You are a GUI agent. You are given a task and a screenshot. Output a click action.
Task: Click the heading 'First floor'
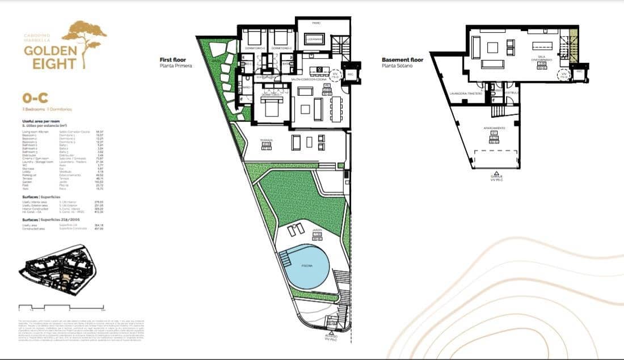pyautogui.click(x=174, y=60)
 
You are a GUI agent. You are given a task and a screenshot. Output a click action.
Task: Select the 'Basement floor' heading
pyautogui.click(x=402, y=60)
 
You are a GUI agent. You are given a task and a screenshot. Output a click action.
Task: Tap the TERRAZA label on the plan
pyautogui.click(x=267, y=140)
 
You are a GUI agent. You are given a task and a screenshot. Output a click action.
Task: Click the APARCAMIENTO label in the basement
pyautogui.click(x=494, y=129)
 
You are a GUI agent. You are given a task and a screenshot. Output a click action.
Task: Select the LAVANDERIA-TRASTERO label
pyautogui.click(x=465, y=93)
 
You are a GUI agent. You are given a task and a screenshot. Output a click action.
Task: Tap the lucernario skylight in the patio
pyautogui.click(x=314, y=39)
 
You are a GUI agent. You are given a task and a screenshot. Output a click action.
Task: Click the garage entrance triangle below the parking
pyautogui.click(x=497, y=172)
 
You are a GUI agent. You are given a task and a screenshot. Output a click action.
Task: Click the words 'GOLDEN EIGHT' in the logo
pyautogui.click(x=49, y=57)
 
